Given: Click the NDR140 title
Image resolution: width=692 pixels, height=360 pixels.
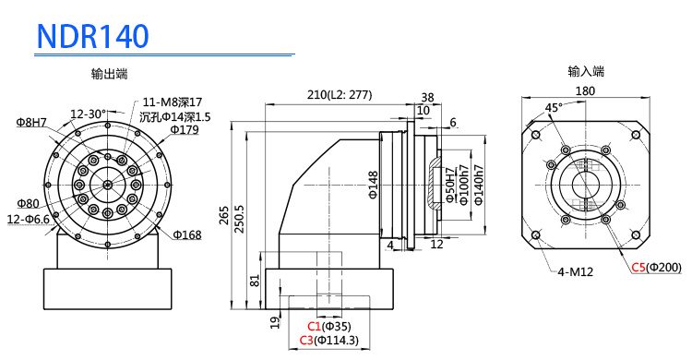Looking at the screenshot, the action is tap(93, 36).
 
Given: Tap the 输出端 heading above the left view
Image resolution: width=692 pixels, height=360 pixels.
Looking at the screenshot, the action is tap(110, 74).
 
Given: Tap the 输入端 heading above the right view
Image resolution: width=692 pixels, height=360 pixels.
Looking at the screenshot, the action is tap(586, 71).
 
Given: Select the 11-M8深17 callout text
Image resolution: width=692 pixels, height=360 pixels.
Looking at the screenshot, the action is tap(173, 102).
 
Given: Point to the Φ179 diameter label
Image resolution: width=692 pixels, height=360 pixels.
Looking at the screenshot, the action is tap(185, 129).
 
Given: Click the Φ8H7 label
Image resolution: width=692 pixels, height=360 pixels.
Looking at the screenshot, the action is tap(31, 123).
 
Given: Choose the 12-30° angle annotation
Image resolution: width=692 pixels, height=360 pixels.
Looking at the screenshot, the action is tap(89, 114).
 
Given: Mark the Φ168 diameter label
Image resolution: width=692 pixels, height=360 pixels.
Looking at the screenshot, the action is tap(187, 234).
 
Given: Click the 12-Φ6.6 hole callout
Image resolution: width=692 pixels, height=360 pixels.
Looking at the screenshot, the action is tap(29, 219).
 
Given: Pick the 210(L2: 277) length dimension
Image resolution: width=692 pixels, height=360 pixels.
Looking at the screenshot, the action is tap(340, 94).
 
